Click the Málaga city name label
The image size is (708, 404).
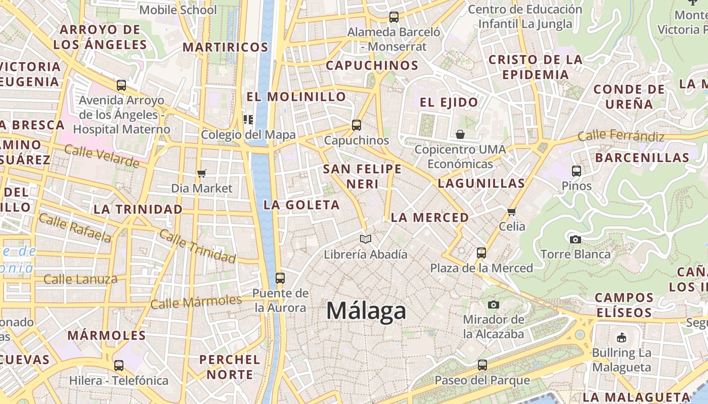click(366, 311)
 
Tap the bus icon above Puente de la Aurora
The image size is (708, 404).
click(280, 278)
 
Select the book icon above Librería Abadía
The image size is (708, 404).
click(366, 239)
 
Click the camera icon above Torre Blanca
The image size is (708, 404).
click(575, 239)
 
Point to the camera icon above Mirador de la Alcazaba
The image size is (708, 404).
click(494, 305)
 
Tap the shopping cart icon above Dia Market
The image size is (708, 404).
click(202, 174)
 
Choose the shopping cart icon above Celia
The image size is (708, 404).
click(512, 212)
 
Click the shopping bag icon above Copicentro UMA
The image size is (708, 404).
click(460, 134)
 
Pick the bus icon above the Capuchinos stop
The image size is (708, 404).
click(357, 125)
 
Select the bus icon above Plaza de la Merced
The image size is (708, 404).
click(481, 252)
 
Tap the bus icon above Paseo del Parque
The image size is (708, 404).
click(482, 365)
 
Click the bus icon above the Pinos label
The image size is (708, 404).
click(577, 171)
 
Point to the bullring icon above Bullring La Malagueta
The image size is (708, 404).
click(622, 337)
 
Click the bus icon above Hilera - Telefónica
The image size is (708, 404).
click(119, 365)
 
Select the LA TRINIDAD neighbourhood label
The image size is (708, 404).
click(138, 209)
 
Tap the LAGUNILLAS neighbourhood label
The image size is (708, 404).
click(481, 183)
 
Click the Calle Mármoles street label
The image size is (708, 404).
click(196, 302)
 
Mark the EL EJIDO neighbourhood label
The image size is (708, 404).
click(449, 103)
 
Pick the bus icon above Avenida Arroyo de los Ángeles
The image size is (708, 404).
click(121, 85)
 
